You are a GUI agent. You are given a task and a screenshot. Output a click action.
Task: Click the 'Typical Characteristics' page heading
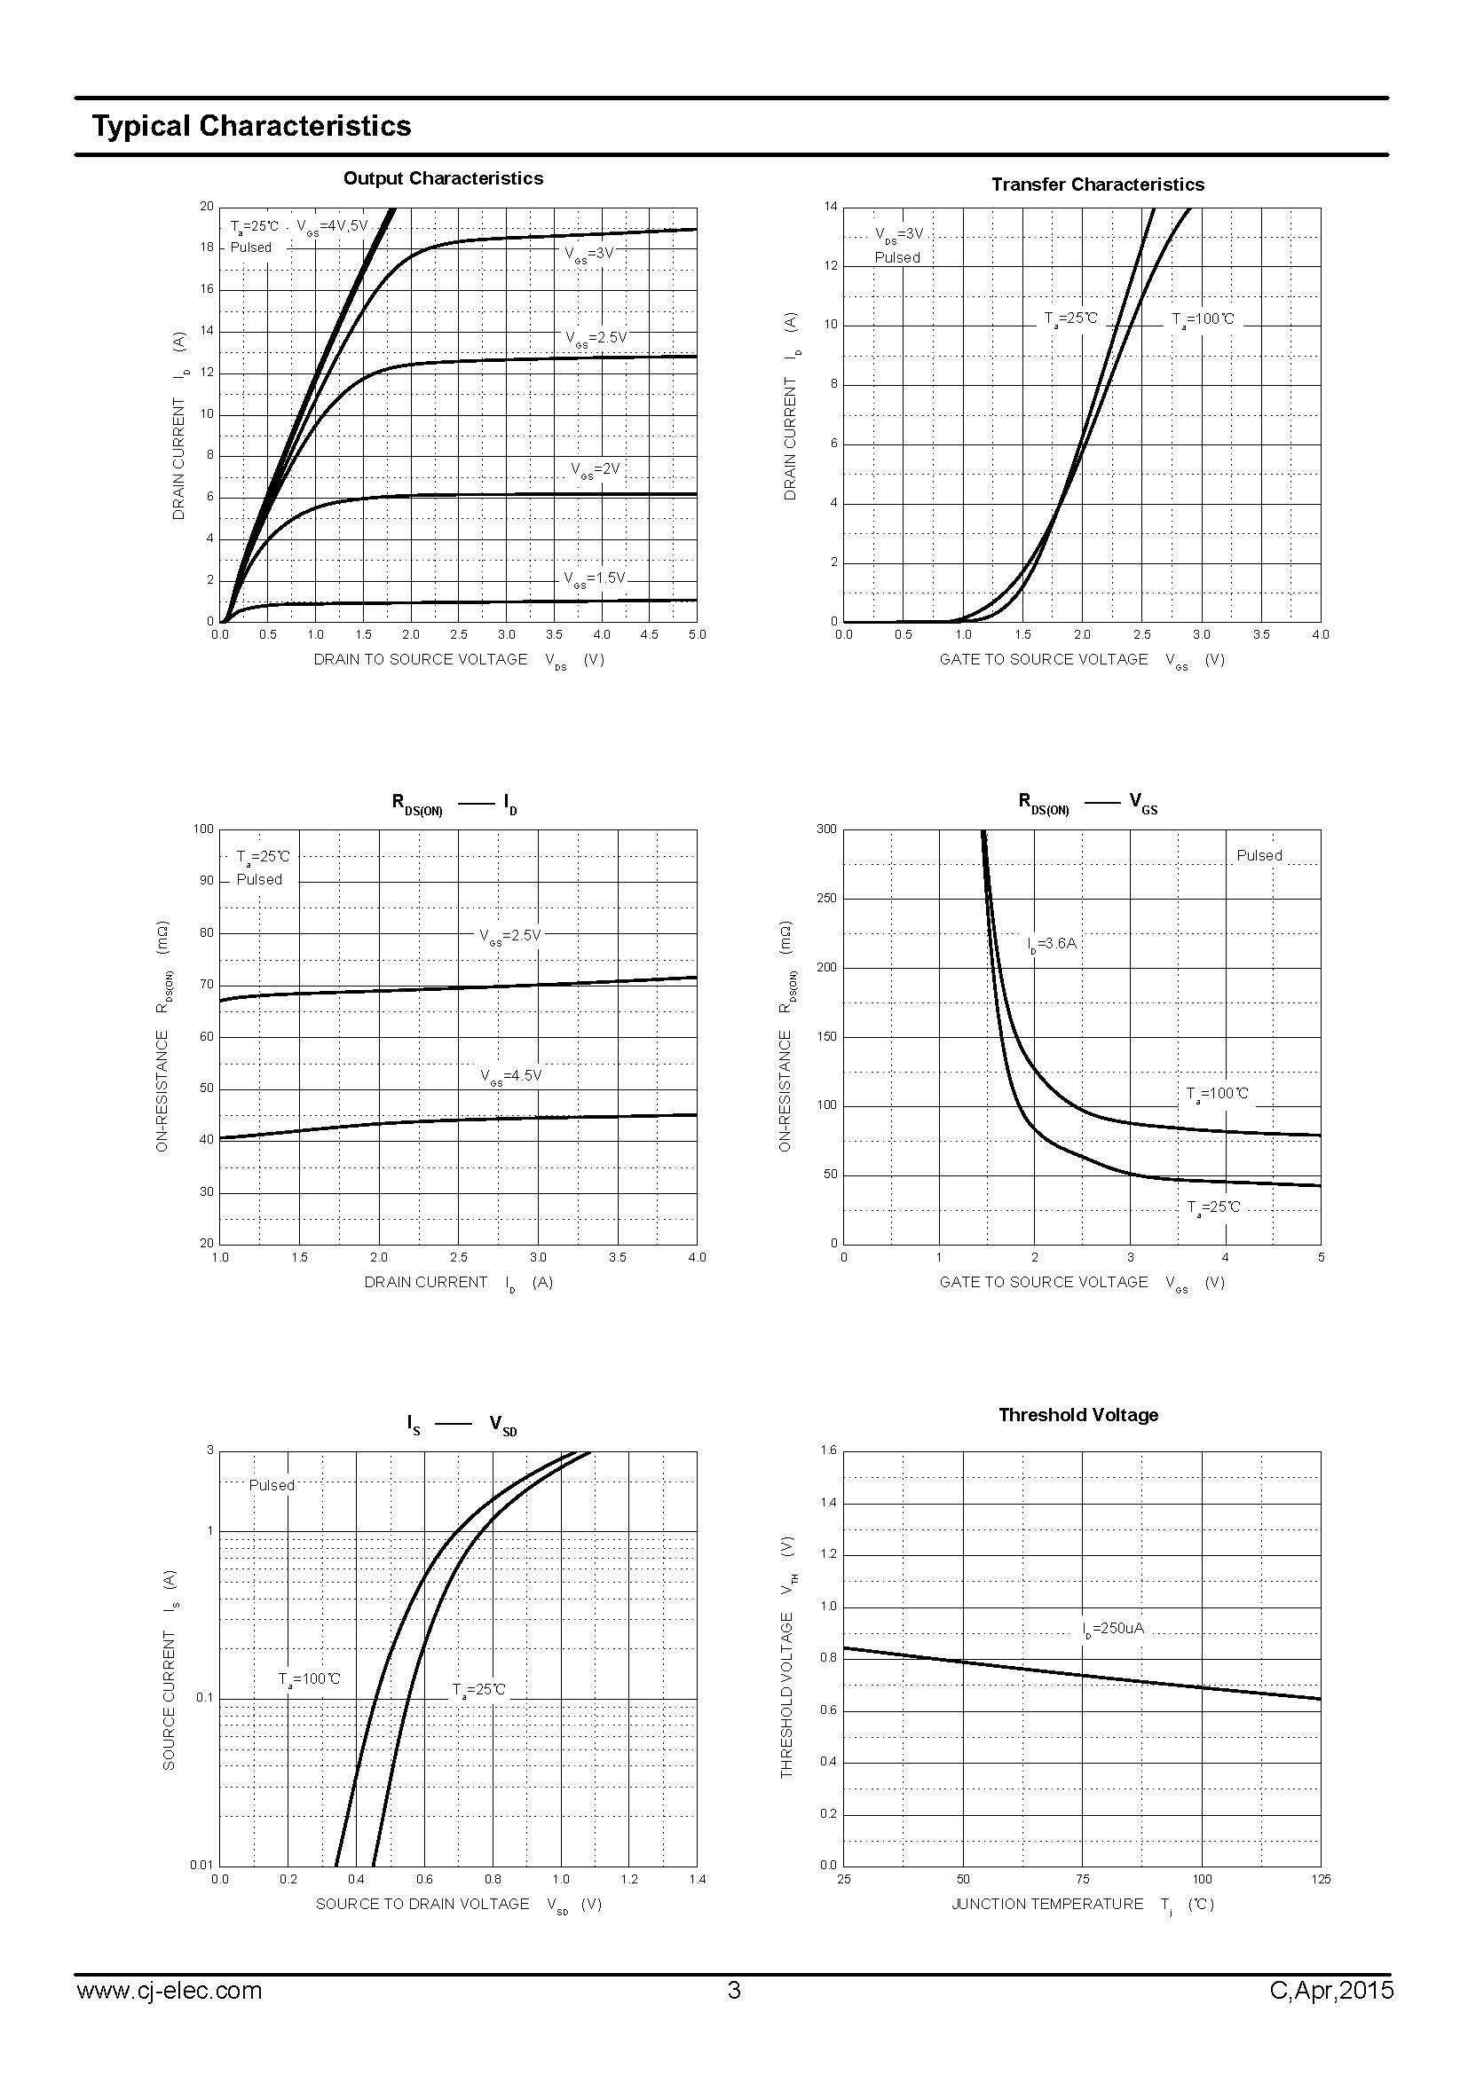pyautogui.click(x=251, y=126)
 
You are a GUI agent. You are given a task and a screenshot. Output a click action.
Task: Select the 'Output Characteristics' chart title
pyautogui.click(x=443, y=178)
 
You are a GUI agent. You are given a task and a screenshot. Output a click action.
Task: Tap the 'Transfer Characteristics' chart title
pyautogui.click(x=1097, y=185)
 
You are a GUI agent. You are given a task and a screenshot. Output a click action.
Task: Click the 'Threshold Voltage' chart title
pyautogui.click(x=1077, y=1415)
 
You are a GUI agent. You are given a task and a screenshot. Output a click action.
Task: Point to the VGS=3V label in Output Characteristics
pyautogui.click(x=589, y=254)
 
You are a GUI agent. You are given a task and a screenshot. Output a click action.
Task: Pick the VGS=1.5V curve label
pyautogui.click(x=594, y=578)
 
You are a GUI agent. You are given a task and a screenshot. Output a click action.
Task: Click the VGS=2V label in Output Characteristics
pyautogui.click(x=595, y=469)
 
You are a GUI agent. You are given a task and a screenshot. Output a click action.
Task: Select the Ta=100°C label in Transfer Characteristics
pyautogui.click(x=1203, y=319)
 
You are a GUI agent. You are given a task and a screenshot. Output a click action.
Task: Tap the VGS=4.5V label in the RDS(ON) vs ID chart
pyautogui.click(x=509, y=1076)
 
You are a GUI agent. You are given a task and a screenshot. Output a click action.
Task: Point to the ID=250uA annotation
pyautogui.click(x=1113, y=1629)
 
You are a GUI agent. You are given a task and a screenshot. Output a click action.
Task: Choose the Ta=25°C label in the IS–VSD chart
pyautogui.click(x=478, y=1689)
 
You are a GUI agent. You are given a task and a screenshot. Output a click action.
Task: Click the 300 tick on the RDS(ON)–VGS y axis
pyautogui.click(x=826, y=829)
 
